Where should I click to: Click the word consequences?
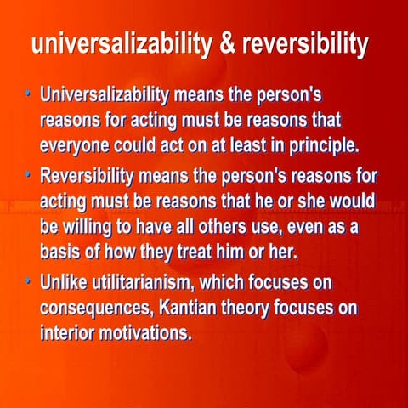(x=101, y=308)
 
